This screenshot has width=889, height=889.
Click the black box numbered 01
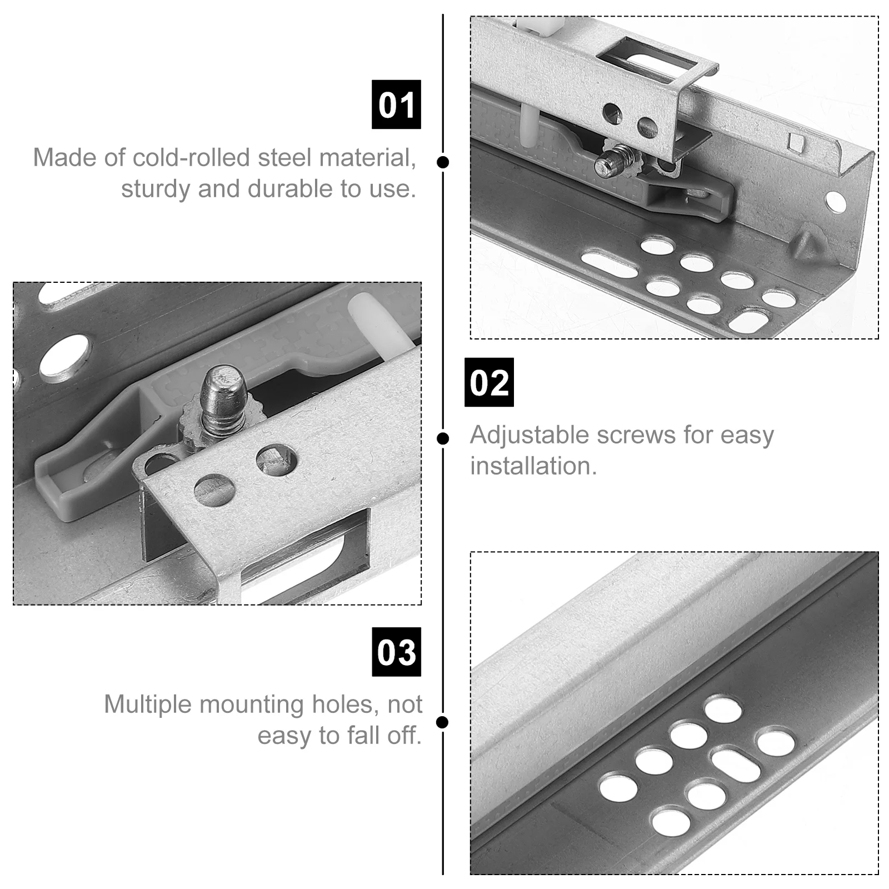[x=396, y=104]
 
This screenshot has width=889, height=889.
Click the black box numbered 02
[x=489, y=382]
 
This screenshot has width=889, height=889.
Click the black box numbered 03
[x=396, y=652]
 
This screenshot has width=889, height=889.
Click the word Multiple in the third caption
[x=148, y=705]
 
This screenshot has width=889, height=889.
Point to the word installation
[x=533, y=466]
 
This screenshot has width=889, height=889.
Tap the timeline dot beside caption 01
[x=443, y=162]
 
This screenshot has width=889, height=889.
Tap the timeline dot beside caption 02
[x=443, y=438]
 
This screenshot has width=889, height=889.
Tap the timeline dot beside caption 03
[x=443, y=722]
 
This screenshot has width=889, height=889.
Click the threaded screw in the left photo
[x=222, y=400]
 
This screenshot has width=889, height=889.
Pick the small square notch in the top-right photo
[x=796, y=142]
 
